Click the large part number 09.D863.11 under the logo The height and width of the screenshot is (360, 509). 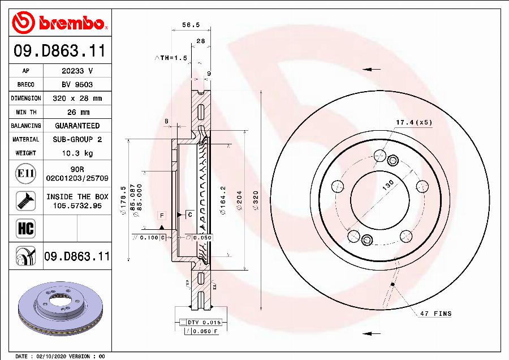59,51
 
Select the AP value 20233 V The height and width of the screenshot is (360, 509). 77,71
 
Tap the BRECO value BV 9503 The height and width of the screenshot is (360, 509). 77,85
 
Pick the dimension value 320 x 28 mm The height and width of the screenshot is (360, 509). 77,98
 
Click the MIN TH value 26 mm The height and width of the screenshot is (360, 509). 77,112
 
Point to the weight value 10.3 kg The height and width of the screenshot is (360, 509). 77,153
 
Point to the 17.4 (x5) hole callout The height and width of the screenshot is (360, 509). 413,122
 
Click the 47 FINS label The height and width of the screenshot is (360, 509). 435,314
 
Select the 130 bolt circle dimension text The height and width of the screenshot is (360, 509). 388,186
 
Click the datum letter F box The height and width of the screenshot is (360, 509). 161,215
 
